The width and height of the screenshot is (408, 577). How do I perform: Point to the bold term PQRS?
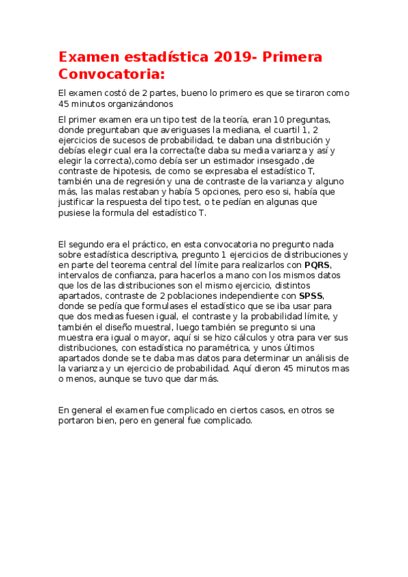317,265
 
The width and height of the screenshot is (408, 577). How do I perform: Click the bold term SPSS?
311,296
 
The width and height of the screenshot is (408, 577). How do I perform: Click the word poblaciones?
188,296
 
